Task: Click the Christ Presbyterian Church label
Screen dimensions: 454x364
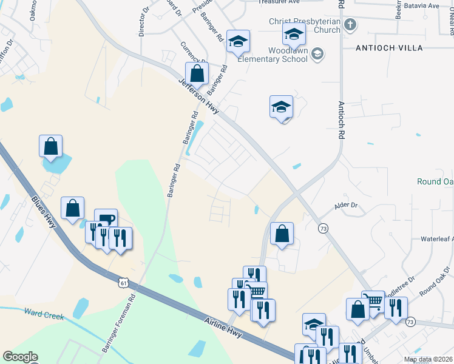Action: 305,25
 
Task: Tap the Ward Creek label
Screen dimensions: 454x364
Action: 43,314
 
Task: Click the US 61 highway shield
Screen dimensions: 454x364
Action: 124,283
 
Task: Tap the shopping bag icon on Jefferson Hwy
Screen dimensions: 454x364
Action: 197,75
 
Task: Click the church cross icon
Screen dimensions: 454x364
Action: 350,25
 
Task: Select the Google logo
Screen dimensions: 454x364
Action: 20,357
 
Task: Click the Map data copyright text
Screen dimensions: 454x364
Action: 428,359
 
